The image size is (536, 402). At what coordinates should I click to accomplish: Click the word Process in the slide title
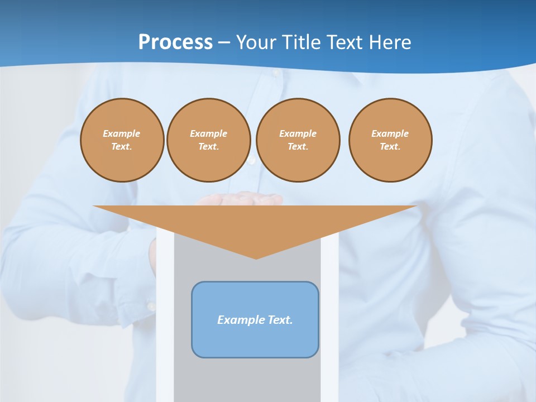point(175,42)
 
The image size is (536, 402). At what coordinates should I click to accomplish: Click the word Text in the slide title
point(345,42)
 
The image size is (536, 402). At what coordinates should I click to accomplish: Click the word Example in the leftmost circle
point(122,133)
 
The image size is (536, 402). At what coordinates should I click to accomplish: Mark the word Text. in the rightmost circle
point(390,146)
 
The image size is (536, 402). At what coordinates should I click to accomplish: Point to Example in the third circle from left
point(298,133)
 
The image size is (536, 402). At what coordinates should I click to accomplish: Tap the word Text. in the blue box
point(280,320)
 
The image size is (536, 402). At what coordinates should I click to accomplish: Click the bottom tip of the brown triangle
point(256,258)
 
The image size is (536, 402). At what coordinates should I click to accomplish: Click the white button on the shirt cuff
point(151,306)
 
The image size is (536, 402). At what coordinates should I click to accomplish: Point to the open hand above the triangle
point(240,199)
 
